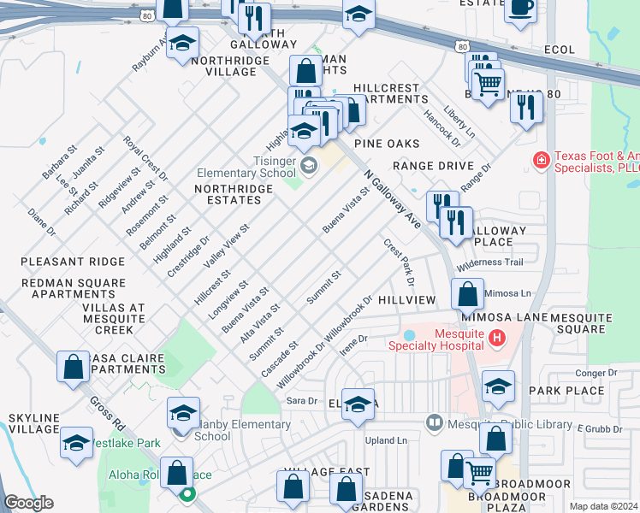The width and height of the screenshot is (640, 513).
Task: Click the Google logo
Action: [x=28, y=503]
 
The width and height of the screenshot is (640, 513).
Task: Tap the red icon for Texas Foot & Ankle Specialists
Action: [x=541, y=160]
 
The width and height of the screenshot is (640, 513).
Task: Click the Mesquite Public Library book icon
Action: [x=435, y=422]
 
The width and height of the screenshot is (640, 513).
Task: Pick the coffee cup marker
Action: [x=519, y=9]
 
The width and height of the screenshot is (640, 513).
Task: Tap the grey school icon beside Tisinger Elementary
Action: [x=308, y=164]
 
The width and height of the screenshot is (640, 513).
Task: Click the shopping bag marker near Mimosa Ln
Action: [x=467, y=296]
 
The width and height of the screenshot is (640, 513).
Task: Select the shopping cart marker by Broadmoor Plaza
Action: [x=480, y=471]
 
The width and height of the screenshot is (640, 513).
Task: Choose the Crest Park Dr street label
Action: [x=400, y=262]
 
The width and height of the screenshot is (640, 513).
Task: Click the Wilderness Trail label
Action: [x=489, y=263]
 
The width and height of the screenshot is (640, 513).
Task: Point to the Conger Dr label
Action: [x=596, y=373]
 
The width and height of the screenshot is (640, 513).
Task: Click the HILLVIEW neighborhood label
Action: [x=407, y=301]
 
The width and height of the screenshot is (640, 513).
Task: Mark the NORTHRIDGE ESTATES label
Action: [x=227, y=194]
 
